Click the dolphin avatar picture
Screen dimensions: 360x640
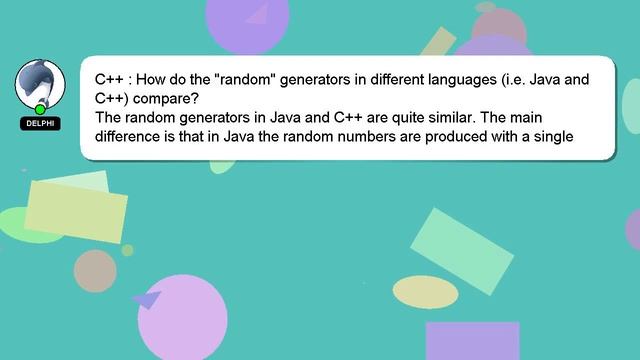(x=40, y=84)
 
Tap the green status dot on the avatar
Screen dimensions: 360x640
(x=40, y=108)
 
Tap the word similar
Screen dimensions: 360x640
(x=450, y=118)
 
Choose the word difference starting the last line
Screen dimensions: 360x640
(x=130, y=138)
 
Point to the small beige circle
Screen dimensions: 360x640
(x=95, y=269)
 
